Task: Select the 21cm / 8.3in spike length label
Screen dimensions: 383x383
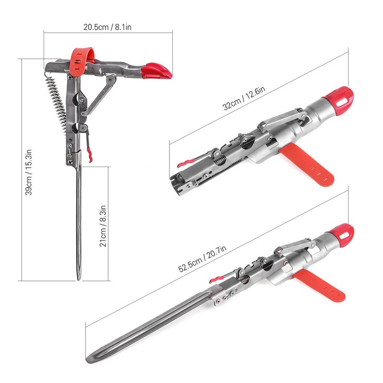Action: tap(102, 224)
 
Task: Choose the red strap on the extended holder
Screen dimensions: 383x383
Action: tap(321, 286)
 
